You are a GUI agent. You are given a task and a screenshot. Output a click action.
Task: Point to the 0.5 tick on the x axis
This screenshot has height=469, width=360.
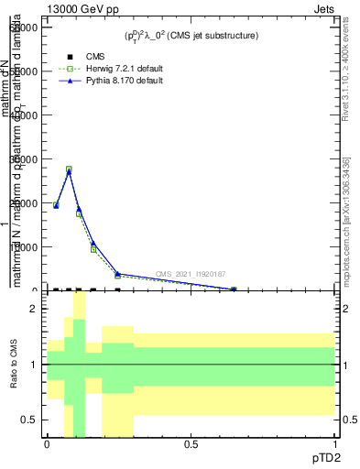coord(191,444)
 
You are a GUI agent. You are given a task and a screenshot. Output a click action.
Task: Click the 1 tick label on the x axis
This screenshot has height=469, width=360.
coord(333,444)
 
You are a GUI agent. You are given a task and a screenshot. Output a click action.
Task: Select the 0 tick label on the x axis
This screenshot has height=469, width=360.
coord(47,444)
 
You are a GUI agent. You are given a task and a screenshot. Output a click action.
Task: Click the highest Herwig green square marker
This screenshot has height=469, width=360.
coord(69,169)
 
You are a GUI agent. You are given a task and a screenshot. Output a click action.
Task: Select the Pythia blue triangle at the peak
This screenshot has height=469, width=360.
coord(69,172)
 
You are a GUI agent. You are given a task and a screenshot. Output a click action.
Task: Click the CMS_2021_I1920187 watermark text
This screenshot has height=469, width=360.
coord(191,274)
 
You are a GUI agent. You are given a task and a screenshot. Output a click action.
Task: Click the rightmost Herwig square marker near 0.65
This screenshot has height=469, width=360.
coord(234,289)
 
